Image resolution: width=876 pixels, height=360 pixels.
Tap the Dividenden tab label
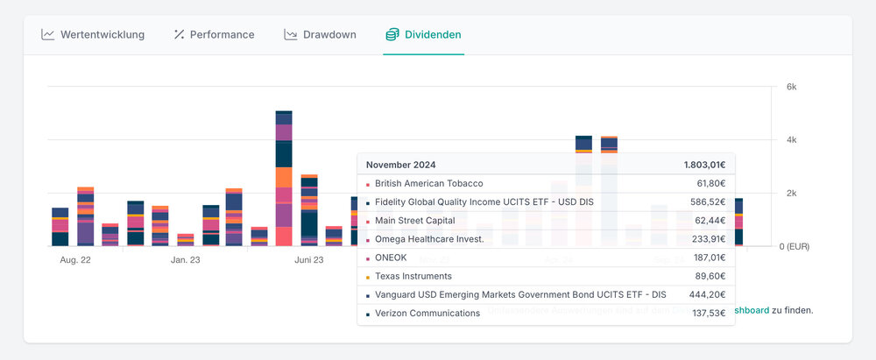[x=433, y=35]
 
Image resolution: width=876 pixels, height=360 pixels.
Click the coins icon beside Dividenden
[x=392, y=35]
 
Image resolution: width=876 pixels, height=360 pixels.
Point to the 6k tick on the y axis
[x=791, y=87]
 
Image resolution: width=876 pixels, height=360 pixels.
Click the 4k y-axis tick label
[x=791, y=140]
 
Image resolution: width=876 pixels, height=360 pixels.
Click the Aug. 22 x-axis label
[x=75, y=260]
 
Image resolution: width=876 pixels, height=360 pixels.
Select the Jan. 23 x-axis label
[x=185, y=260]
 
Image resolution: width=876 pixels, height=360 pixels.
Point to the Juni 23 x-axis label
[x=309, y=260]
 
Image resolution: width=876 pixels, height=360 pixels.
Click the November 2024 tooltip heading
[x=400, y=165]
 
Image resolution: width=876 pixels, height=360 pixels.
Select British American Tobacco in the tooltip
[x=428, y=184]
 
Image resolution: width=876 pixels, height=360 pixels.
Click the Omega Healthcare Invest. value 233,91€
[x=708, y=239]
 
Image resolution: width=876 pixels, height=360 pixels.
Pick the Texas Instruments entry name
[x=415, y=276]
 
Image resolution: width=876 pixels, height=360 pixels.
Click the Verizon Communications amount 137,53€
[x=708, y=313]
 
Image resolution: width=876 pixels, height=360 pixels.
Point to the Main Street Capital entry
[x=414, y=221]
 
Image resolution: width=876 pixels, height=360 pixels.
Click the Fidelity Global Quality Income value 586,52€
[x=708, y=202]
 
